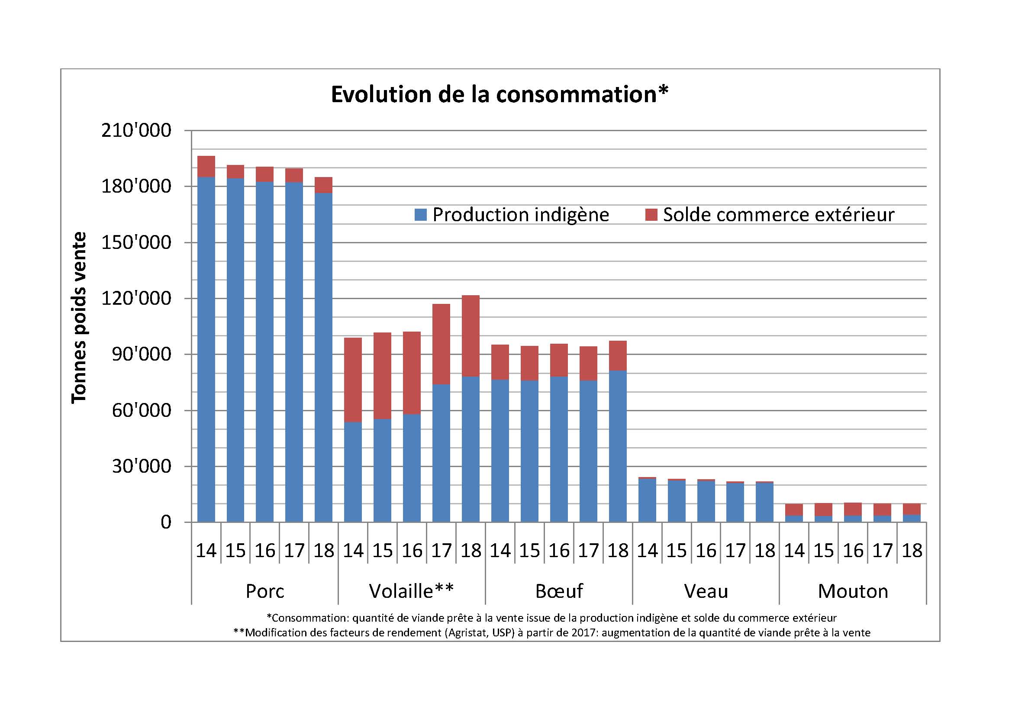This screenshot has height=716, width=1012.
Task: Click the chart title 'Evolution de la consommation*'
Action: [500, 94]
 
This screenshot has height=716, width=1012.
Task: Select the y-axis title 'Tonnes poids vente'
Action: [79, 317]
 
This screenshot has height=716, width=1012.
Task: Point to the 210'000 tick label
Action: [136, 130]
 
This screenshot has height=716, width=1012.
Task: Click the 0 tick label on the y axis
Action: [166, 522]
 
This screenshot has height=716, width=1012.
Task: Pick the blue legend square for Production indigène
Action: [421, 215]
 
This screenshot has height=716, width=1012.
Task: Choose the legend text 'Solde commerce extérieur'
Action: [778, 215]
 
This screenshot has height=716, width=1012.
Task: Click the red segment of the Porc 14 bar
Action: [206, 167]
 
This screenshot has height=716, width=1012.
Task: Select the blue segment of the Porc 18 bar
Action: [323, 357]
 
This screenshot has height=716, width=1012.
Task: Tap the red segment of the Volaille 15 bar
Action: [382, 376]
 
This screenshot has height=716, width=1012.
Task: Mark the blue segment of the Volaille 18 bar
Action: [471, 449]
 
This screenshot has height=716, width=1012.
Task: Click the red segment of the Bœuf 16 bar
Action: [559, 360]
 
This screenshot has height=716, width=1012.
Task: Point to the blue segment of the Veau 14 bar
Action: [647, 500]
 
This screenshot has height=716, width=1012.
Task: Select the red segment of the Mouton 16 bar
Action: [853, 509]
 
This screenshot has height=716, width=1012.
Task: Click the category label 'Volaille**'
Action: [411, 591]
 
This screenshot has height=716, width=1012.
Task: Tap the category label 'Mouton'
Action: [853, 591]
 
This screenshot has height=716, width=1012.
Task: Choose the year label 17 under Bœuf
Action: [588, 551]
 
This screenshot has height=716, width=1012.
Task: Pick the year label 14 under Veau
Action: [647, 551]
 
